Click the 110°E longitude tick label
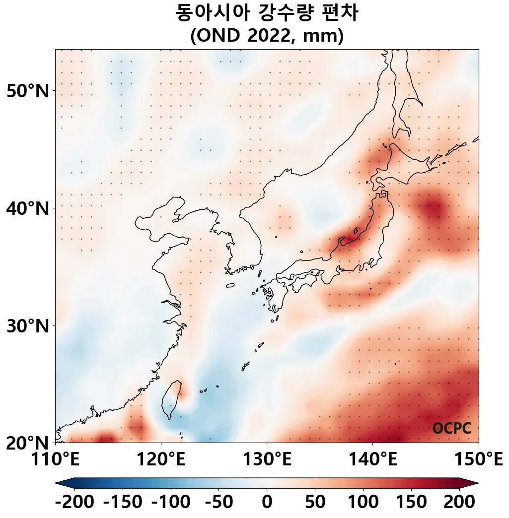tap(56, 460)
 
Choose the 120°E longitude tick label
tap(161, 460)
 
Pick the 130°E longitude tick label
tap(267, 460)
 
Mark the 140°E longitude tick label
tap(372, 460)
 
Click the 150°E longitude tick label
tap(478, 460)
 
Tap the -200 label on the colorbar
tap(74, 503)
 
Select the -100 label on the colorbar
tap(170, 503)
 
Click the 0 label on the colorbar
tap(267, 503)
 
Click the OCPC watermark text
tap(451, 429)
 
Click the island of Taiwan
tap(170, 399)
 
